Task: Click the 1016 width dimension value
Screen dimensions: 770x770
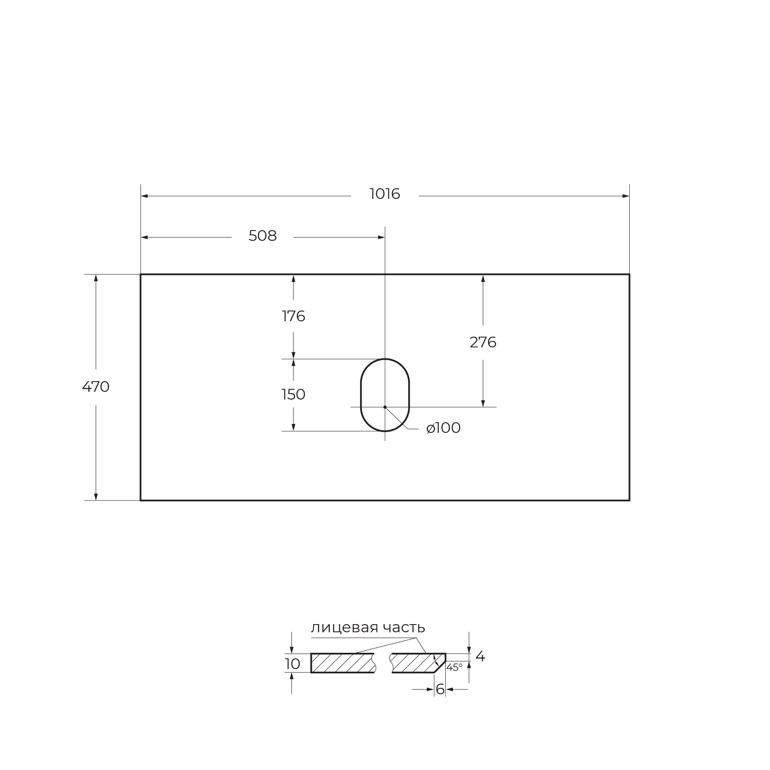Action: [385, 194]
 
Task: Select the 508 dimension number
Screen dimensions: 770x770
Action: [263, 236]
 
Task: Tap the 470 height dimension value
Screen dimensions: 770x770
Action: [96, 387]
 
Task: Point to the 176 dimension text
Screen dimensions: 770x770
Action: [293, 316]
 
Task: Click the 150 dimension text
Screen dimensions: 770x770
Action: [293, 394]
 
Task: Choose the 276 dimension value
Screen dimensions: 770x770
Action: [483, 342]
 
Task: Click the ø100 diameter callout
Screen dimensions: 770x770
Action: [444, 428]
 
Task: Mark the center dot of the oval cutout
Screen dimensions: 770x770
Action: [385, 407]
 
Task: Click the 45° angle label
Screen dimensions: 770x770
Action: [454, 667]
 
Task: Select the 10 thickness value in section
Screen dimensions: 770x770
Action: [293, 664]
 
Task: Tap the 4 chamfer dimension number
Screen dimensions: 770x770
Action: [480, 656]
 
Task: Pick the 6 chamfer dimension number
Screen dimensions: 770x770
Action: [440, 689]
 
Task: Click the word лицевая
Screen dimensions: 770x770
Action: [345, 628]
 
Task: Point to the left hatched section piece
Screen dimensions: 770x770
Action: [342, 663]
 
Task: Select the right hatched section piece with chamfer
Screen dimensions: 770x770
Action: [415, 663]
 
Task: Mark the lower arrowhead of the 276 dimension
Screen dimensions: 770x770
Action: [483, 403]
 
